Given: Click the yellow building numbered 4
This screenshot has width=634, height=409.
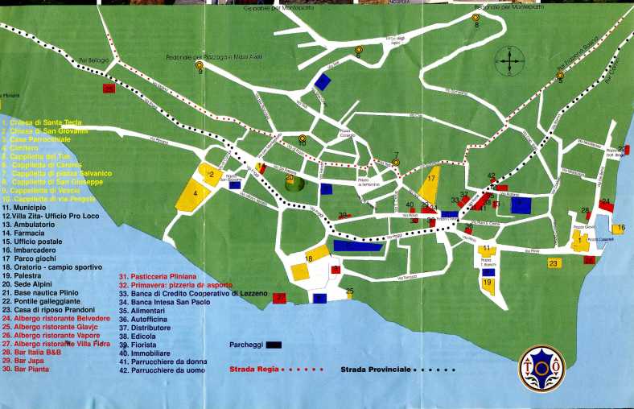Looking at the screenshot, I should (x=196, y=195).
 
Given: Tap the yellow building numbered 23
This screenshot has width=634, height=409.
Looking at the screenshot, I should (x=554, y=262).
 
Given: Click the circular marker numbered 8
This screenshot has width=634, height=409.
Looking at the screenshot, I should (x=475, y=17).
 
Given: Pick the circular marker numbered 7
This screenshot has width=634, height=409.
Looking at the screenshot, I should (x=396, y=162).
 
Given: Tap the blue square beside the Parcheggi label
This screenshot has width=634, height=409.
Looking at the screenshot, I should (x=276, y=344).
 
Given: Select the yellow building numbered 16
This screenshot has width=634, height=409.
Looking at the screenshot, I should (x=618, y=229).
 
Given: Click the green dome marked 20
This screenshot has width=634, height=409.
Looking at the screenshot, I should (x=295, y=183).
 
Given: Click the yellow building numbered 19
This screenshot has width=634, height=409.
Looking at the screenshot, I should (x=488, y=283).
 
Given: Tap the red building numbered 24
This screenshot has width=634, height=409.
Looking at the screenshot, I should (x=607, y=207).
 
